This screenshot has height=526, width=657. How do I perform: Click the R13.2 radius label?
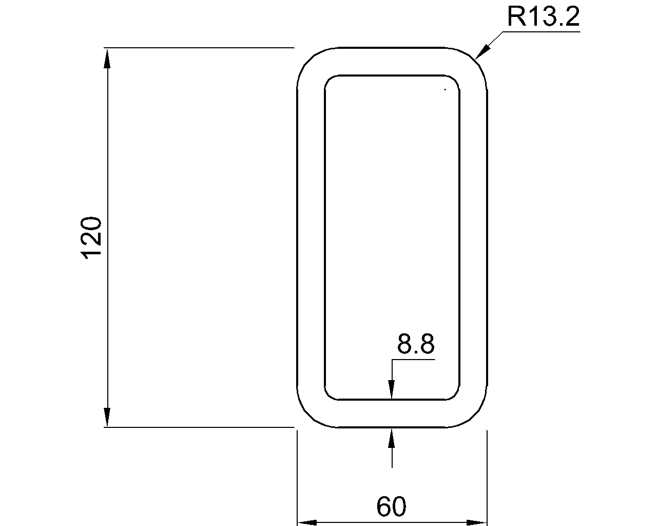click(543, 17)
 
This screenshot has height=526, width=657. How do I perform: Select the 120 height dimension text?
click(93, 237)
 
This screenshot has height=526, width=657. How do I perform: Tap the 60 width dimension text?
click(391, 507)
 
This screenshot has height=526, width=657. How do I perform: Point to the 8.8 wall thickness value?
click(416, 344)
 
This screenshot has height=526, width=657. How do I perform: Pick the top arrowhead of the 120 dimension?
click(107, 58)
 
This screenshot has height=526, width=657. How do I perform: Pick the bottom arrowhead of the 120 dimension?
click(107, 417)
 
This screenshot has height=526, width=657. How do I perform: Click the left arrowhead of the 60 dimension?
click(307, 522)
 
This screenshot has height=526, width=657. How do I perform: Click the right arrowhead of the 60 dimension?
click(477, 522)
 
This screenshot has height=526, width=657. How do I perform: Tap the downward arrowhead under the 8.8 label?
click(392, 389)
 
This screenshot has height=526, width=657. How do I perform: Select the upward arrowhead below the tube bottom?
click(392, 438)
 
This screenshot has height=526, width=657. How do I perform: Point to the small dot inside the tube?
click(445, 90)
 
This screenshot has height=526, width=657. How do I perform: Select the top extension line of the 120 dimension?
click(200, 48)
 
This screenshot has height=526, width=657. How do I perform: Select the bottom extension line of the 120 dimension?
click(200, 427)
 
